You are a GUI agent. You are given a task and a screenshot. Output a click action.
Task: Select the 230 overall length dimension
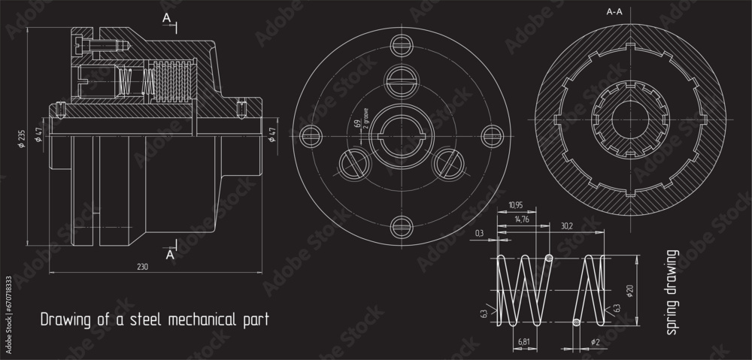[x=143, y=267]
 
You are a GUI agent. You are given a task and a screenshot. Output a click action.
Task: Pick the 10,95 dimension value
[x=516, y=205]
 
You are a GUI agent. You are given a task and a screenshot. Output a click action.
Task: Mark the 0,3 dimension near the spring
[x=480, y=234]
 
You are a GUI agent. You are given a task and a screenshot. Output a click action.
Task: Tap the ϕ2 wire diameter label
[x=596, y=342]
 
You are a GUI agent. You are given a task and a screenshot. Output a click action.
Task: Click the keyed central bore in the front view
[x=398, y=135]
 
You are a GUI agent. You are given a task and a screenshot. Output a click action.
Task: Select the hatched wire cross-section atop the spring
[x=549, y=259]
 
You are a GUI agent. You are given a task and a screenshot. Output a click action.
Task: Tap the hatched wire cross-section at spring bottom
[x=576, y=322]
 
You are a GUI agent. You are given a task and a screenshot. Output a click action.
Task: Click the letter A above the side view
[x=167, y=17]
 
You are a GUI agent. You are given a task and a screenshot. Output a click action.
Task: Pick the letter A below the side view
[x=170, y=255]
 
